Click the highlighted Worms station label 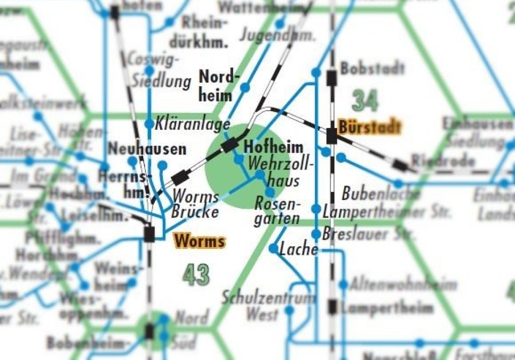coord(199,241)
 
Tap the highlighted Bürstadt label coord(369,127)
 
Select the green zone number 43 coord(196,274)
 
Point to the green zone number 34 coord(365,99)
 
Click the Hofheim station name coord(273,147)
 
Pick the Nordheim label coord(216,86)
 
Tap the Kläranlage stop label coord(193,124)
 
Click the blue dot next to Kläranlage coord(149,124)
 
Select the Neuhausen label coord(147,149)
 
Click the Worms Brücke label coord(195,204)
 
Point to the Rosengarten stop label coord(277,211)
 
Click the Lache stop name coord(298,248)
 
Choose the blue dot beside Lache coord(273,248)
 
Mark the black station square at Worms coord(149,233)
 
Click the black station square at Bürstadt coord(332,136)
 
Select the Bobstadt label coord(372,69)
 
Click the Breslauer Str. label coord(362,234)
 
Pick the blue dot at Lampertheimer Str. coord(317,209)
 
